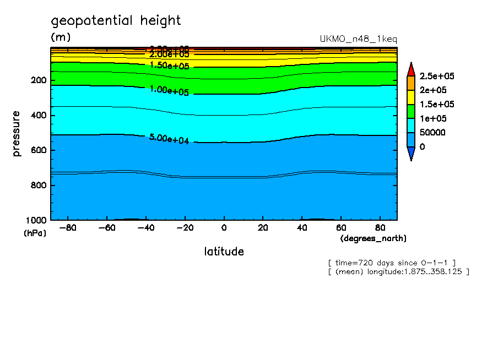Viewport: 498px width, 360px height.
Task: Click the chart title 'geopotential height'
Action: pos(116,21)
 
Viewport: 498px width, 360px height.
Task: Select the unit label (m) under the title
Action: pos(60,37)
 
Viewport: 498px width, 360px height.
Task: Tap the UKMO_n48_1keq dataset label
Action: pos(358,39)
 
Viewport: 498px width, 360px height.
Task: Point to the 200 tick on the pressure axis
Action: pos(39,80)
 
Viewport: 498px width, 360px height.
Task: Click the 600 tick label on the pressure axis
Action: pos(39,150)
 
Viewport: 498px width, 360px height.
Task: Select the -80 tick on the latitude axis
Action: pos(67,228)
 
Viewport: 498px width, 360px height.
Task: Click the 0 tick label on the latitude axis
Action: pos(224,228)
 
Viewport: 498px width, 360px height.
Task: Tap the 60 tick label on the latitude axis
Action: pos(341,228)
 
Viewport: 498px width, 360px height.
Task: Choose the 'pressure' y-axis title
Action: pos(17,133)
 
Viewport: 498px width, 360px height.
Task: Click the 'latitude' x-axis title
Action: pos(224,252)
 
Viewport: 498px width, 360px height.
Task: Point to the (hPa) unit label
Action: pos(35,233)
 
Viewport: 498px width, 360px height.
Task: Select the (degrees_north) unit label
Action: pos(373,238)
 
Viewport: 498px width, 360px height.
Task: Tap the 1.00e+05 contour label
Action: pos(169,91)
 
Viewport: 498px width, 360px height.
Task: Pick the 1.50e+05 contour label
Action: pos(169,66)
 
